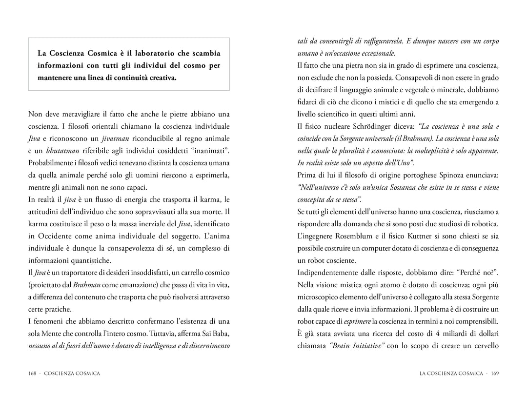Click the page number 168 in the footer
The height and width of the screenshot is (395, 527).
pos(33,374)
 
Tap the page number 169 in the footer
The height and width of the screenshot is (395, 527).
pos(495,374)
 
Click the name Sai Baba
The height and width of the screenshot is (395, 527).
pos(214,334)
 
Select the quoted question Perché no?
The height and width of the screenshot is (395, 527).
pos(479,273)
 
